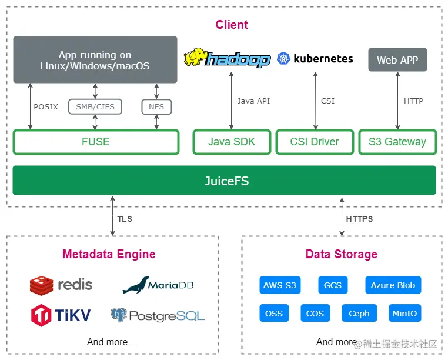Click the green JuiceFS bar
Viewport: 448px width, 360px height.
pos(224,181)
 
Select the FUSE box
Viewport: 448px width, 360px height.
pos(96,142)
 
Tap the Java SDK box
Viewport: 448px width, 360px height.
pos(232,142)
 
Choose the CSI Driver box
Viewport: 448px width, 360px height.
pos(315,142)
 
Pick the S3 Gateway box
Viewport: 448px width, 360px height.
pos(397,142)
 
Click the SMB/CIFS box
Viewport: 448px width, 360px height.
pos(95,106)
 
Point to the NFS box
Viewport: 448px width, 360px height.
pos(156,106)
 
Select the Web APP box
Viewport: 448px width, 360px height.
pos(397,60)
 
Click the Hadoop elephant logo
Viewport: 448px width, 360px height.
pos(196,58)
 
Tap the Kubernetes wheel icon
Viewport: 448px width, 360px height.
pos(285,58)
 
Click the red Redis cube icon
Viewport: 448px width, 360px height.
pos(41,285)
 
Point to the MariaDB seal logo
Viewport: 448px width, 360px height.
pos(135,285)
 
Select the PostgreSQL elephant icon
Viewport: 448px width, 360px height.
pos(119,315)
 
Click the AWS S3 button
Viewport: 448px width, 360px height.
pos(280,285)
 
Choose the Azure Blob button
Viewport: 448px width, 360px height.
pos(393,285)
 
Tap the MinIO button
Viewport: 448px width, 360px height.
pos(404,314)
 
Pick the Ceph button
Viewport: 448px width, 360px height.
pos(359,314)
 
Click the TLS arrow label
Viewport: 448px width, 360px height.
pos(125,219)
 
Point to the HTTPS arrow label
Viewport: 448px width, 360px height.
pos(359,219)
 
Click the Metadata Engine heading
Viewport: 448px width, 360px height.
pos(109,255)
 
